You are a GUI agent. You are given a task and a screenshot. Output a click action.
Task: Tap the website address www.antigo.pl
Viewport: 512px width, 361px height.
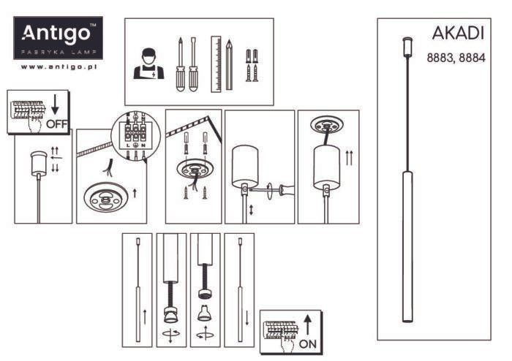point(60,66)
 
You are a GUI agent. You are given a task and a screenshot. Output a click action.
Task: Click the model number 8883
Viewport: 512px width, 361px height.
point(440,58)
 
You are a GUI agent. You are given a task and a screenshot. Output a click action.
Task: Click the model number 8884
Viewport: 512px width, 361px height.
point(472,58)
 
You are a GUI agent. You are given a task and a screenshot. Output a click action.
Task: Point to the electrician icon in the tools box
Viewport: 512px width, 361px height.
point(148,63)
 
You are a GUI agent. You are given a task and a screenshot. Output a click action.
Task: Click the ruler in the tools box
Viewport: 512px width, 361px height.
point(216,63)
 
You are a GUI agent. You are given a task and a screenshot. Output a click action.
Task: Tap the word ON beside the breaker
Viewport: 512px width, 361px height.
point(309,343)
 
